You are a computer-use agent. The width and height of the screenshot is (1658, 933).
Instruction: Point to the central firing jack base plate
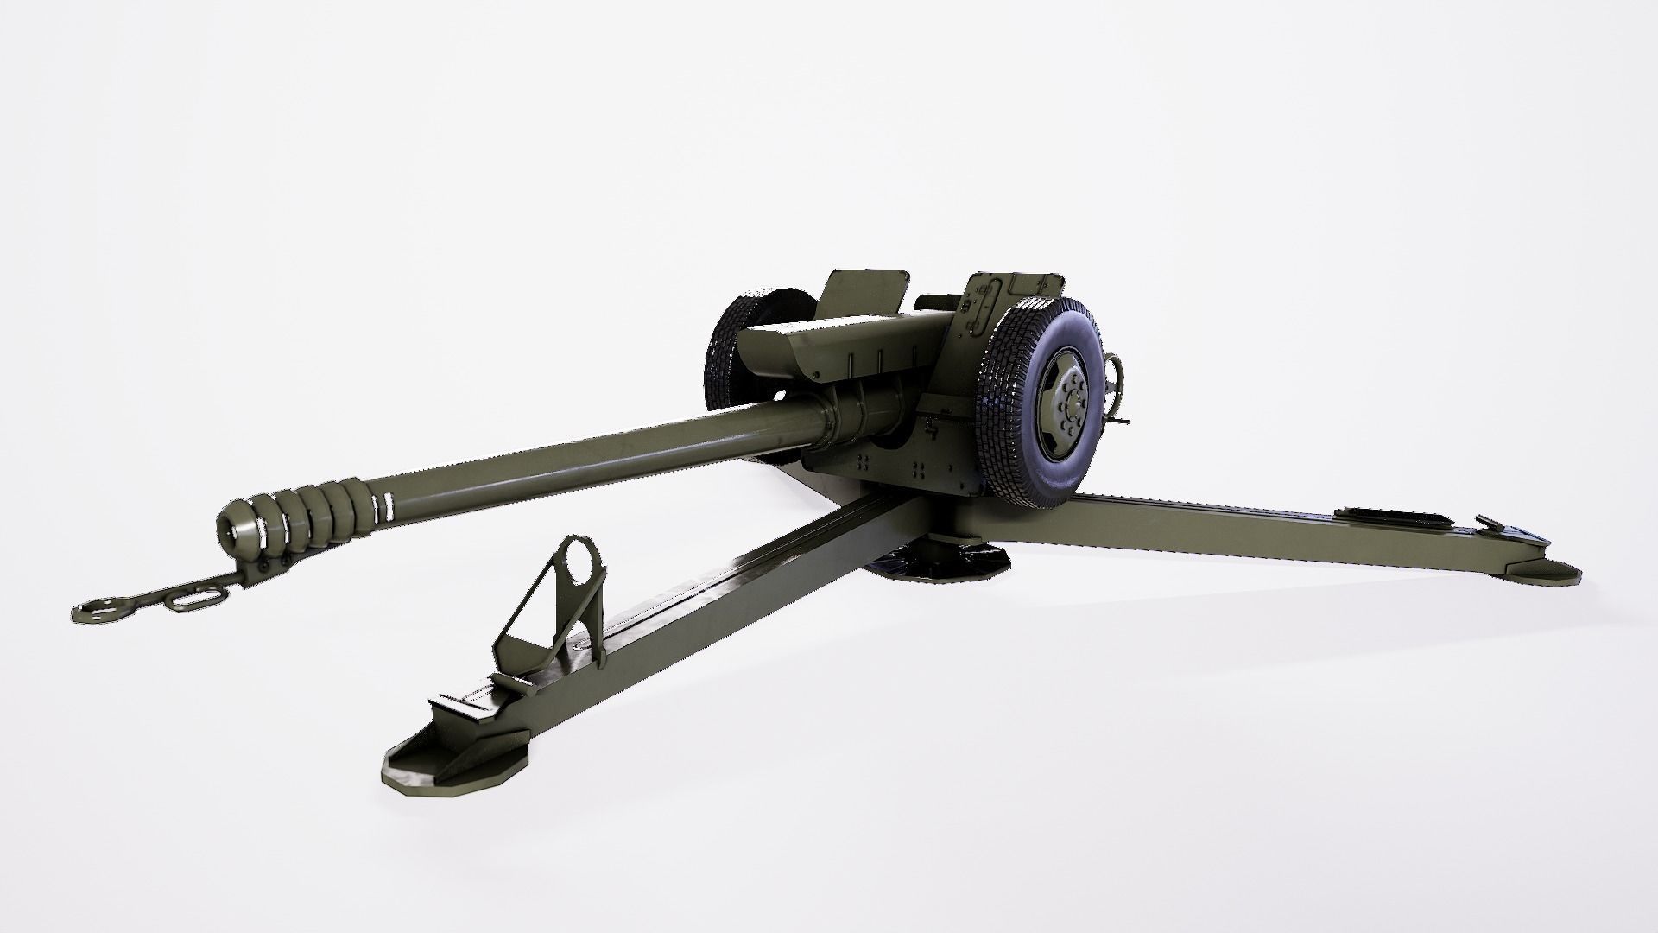click(941, 562)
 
